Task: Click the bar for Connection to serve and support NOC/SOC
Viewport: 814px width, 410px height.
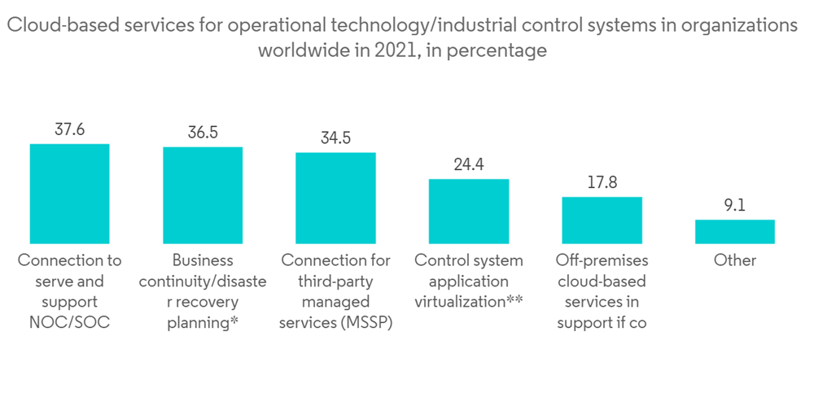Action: point(69,194)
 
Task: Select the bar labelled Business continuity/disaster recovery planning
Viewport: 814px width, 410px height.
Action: point(203,195)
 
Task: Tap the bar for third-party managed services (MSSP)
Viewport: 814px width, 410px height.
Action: point(335,198)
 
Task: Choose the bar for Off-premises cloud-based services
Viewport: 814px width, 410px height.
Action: point(602,220)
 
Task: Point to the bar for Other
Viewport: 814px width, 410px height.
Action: point(735,232)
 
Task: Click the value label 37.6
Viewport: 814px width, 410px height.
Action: point(69,129)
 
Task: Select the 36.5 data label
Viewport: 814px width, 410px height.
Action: point(203,133)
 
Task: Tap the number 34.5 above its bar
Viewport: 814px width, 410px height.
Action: point(335,137)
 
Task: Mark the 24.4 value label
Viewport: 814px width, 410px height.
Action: point(469,164)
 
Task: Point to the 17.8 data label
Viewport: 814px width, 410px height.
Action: point(602,182)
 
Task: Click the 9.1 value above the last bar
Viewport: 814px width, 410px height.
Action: point(735,205)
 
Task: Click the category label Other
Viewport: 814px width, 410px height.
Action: point(735,261)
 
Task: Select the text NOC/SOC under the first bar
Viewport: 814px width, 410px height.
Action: point(69,323)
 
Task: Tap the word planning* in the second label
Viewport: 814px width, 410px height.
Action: point(203,323)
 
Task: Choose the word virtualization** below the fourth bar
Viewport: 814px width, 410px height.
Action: point(469,303)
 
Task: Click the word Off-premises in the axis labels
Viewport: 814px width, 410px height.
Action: point(602,261)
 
